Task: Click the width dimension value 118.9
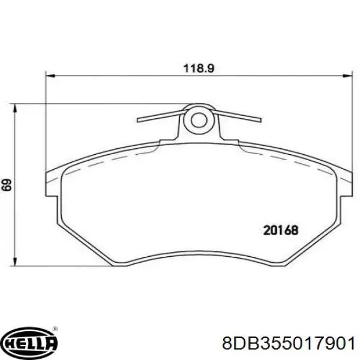point(199,68)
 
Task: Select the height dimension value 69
point(7,185)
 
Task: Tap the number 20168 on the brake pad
point(281,229)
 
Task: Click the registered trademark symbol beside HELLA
point(55,329)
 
